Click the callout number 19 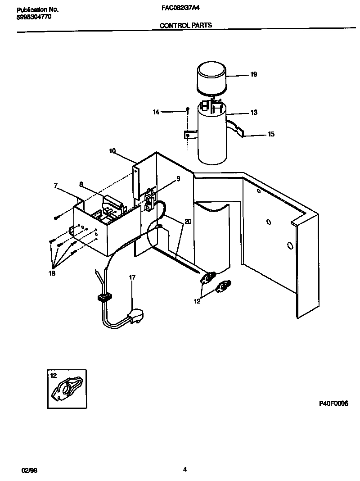(253, 75)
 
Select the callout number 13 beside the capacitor (254, 113)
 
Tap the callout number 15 (271, 134)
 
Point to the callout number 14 (156, 112)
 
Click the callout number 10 (112, 151)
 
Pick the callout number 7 (55, 186)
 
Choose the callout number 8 (81, 184)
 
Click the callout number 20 (188, 222)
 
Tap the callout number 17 (132, 278)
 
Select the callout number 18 (52, 273)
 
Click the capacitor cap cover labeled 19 (211, 78)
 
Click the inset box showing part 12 (67, 389)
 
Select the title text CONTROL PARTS (186, 26)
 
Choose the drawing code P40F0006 (333, 404)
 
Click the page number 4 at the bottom (184, 469)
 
